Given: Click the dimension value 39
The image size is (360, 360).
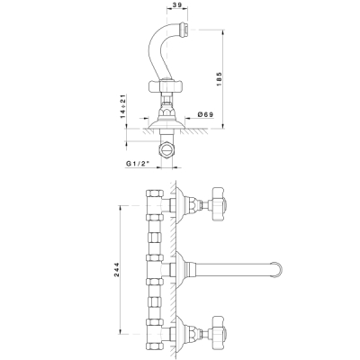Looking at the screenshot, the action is [x=177, y=5].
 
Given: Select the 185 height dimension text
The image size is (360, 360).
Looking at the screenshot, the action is [x=219, y=79].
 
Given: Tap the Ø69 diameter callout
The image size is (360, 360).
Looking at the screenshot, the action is [x=205, y=114].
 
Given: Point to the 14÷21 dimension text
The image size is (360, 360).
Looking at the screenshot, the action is [x=122, y=106].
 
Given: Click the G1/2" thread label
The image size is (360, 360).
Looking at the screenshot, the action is [x=138, y=164].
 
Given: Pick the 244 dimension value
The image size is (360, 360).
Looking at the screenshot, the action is [x=116, y=270].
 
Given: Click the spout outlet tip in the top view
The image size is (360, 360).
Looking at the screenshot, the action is [x=183, y=29].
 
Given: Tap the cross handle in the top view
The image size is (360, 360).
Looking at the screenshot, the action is [x=166, y=86].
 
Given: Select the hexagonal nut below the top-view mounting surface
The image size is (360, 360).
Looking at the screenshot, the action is [x=166, y=149].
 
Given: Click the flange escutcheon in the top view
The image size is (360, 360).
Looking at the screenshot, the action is [x=166, y=123].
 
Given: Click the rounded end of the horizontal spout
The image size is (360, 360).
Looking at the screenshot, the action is [x=278, y=269].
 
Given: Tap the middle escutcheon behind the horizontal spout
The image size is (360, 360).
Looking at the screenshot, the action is [x=180, y=269].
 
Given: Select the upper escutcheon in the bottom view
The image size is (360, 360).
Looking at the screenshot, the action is [x=180, y=205].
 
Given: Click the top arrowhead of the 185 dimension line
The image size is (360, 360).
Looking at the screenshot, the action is [x=223, y=32].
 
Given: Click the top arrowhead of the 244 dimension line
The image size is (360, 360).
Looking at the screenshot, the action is [x=121, y=208].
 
